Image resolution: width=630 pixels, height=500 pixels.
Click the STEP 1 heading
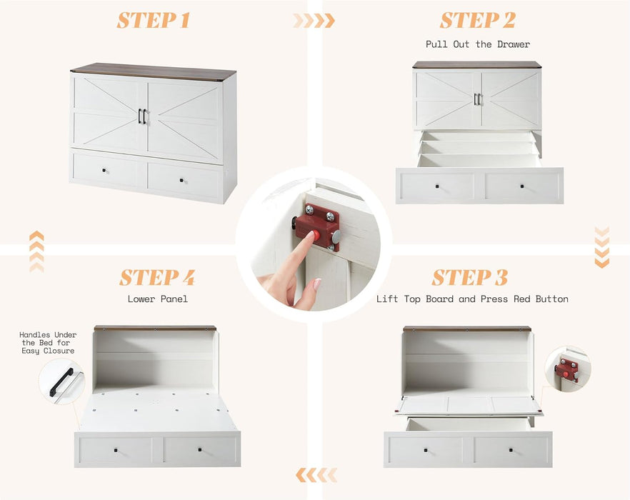point(154,21)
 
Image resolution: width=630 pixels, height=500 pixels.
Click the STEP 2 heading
point(477,21)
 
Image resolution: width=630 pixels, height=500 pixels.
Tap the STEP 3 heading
point(470,277)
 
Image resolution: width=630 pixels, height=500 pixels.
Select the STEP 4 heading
point(157,277)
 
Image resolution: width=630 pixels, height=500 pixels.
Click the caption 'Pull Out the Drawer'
point(477,44)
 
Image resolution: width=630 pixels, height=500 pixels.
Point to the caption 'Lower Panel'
point(157,299)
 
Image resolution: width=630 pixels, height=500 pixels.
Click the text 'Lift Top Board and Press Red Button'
point(472,299)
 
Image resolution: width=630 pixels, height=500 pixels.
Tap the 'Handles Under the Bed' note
point(48,343)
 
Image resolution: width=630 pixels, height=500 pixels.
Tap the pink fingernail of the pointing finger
point(316,284)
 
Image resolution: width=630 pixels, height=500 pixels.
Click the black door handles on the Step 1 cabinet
point(142,116)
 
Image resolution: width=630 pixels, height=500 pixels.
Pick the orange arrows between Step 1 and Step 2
point(314,21)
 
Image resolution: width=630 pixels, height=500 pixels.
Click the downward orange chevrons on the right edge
point(601,247)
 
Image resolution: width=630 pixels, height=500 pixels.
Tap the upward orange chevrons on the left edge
point(36,251)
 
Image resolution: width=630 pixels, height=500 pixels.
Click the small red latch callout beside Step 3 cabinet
point(567,369)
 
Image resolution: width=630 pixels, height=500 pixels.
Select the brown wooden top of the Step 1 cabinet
point(153,71)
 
